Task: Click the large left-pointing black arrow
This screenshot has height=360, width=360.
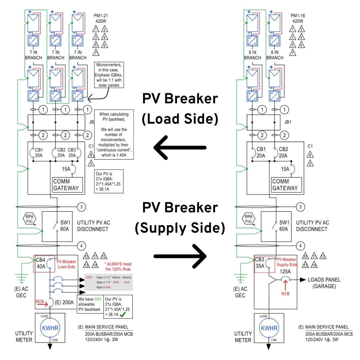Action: (179, 147)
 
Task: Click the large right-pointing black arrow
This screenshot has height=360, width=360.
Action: (180, 256)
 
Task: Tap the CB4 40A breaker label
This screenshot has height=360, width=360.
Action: (41, 263)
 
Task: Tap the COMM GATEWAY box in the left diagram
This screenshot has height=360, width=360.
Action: (66, 185)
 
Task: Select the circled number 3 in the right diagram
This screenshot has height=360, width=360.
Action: (301, 207)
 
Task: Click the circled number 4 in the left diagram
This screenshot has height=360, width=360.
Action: (81, 246)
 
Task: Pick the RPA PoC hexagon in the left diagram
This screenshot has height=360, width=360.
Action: (29, 219)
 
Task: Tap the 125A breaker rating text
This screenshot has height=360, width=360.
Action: (286, 271)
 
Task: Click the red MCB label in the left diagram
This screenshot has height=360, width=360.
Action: (40, 301)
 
